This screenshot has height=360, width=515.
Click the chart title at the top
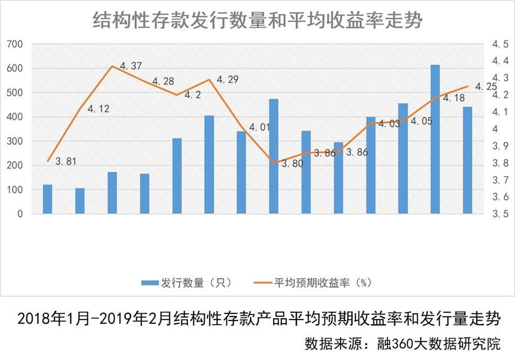[x=257, y=21]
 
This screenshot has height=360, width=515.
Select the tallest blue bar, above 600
[x=435, y=139]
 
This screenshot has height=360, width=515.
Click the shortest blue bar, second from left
[x=80, y=201]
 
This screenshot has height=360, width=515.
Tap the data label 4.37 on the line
[x=130, y=66]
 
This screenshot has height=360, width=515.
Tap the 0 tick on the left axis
[x=20, y=214]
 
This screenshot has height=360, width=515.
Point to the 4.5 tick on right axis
[x=500, y=44]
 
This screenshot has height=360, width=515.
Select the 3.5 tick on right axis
[x=500, y=214]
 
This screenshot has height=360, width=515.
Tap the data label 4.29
[x=227, y=80]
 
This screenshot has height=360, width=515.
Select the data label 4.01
[x=260, y=127]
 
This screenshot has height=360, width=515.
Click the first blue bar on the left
[x=47, y=199]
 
